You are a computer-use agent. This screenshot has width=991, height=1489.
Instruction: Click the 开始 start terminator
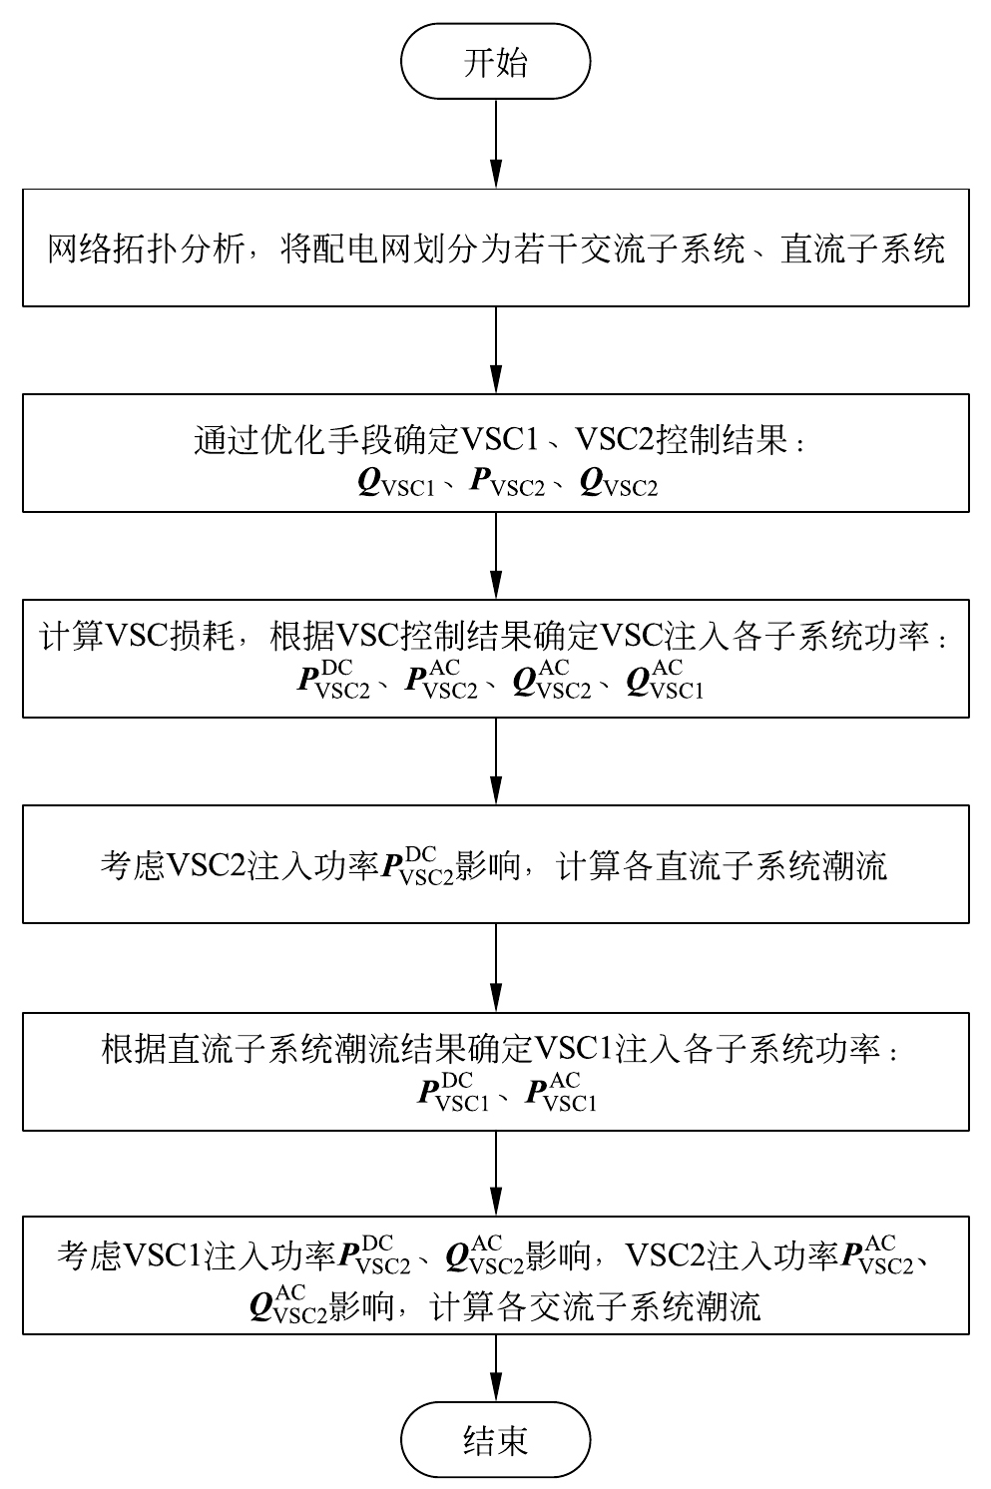point(495,63)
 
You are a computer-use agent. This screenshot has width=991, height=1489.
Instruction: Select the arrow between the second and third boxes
point(496,555)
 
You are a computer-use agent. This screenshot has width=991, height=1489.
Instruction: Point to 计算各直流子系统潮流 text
point(722,865)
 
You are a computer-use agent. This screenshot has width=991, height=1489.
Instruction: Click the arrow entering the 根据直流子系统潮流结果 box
point(496,967)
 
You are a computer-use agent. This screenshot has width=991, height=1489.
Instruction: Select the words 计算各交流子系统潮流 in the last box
point(595,1305)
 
